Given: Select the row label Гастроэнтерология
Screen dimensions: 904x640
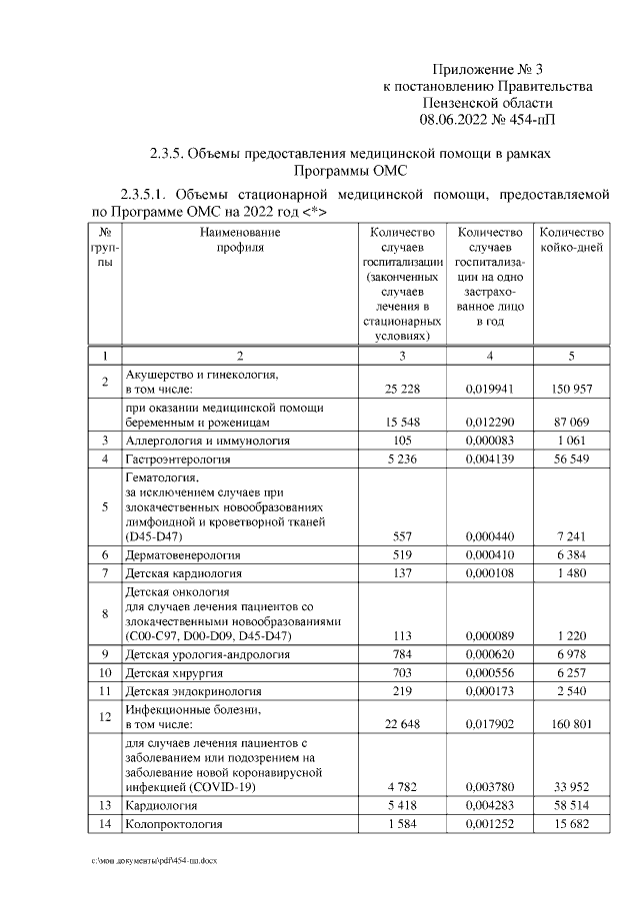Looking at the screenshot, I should point(178,459).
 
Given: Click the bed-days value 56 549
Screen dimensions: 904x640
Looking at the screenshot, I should point(570,459).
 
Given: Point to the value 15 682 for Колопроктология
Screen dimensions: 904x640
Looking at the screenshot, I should point(570,824).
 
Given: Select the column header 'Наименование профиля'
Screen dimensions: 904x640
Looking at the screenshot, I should point(239,240).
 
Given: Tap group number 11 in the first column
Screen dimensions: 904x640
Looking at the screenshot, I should point(105,694).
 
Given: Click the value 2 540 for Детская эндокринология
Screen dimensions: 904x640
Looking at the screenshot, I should point(570,694).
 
